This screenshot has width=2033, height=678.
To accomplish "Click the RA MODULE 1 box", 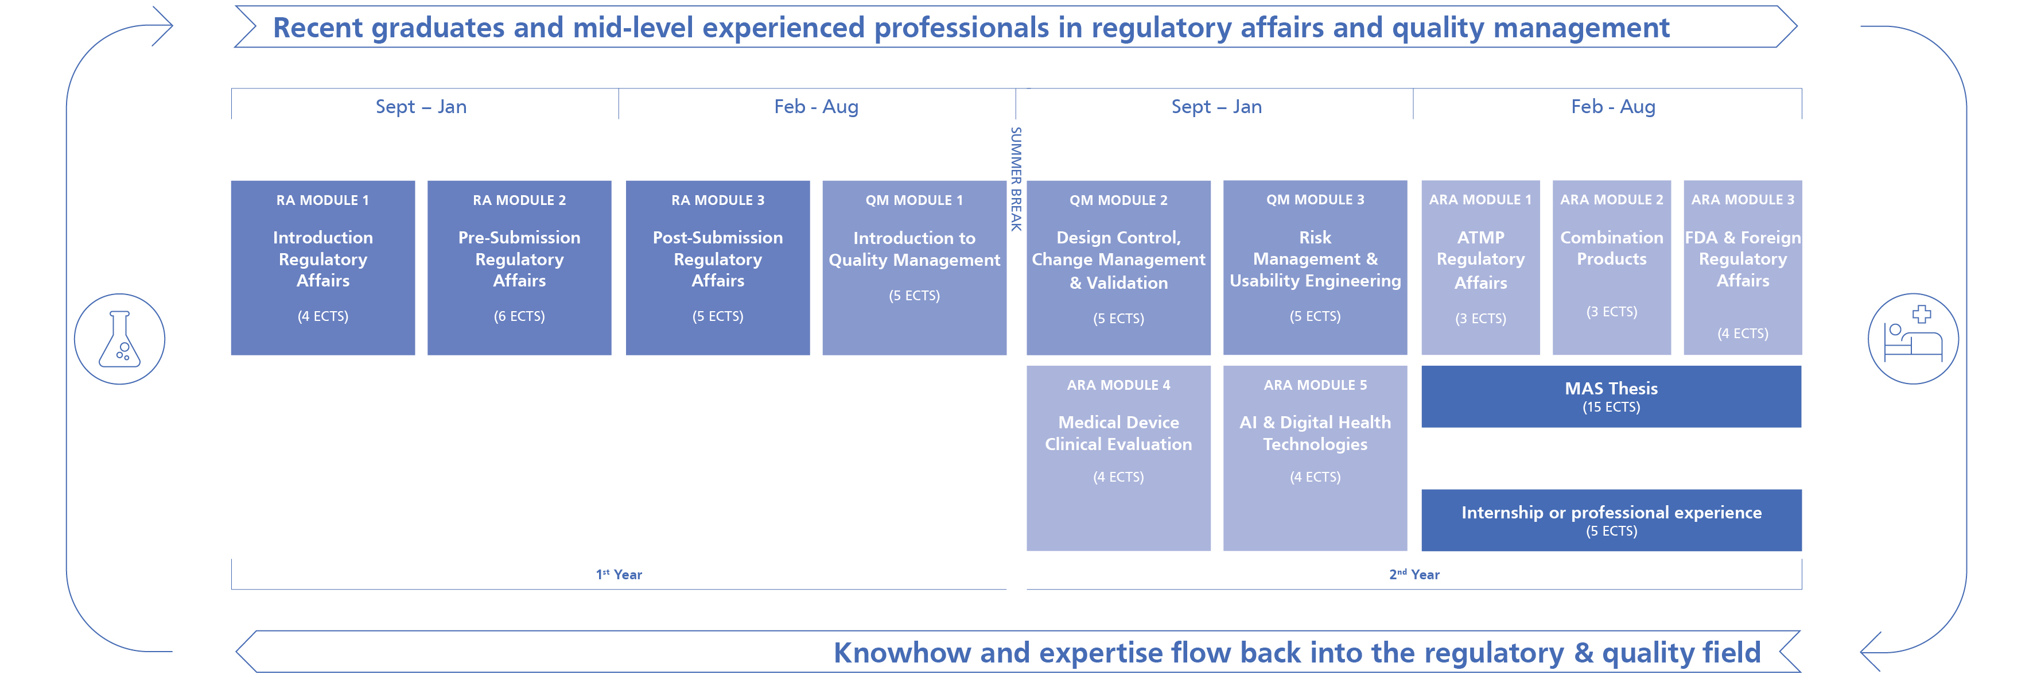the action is [x=323, y=268].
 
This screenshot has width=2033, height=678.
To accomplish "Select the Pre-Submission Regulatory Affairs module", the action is [x=519, y=268].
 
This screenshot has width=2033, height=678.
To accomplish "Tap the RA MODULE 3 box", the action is [x=717, y=268].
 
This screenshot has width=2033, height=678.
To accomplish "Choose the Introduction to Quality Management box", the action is [x=914, y=268].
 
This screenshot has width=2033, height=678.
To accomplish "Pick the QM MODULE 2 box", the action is [x=1118, y=268].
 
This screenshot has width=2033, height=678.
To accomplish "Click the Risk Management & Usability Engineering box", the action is [x=1315, y=268].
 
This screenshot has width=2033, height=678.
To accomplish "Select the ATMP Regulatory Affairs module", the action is [x=1480, y=268].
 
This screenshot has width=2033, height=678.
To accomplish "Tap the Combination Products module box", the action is [x=1612, y=268].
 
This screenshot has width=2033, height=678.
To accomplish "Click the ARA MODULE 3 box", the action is [x=1743, y=268].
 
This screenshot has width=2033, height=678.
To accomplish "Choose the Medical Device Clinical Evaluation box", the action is [x=1118, y=458].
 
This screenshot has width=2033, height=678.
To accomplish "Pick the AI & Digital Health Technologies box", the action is [x=1315, y=458].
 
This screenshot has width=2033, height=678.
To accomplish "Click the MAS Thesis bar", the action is [x=1612, y=396].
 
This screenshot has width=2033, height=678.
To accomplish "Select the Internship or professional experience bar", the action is [x=1612, y=520].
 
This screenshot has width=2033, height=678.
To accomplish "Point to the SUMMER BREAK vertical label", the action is [x=1017, y=179].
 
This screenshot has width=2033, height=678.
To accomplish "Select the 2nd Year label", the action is [x=1414, y=574].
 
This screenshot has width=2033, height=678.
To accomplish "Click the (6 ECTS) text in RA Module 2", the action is [x=519, y=316].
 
